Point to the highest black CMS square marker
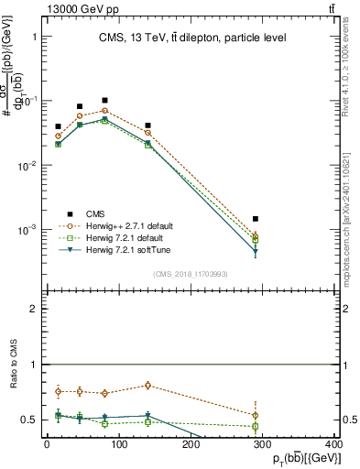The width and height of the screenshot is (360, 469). coord(105,100)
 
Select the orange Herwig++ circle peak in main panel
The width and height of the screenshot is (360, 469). coord(105,111)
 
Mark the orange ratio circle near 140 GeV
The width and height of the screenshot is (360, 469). coord(147,386)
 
